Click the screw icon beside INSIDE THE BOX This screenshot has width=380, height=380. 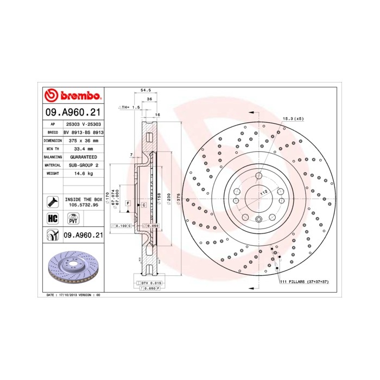pos(53,201)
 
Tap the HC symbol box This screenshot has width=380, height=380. pos(53,219)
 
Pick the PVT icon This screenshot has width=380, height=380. pos(72,219)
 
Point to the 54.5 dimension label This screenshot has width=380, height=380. pos(145,91)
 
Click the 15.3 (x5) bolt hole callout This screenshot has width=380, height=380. pos(293,118)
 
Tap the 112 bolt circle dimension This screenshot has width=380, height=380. pos(263,192)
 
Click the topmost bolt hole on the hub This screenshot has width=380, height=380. pos(259,175)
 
